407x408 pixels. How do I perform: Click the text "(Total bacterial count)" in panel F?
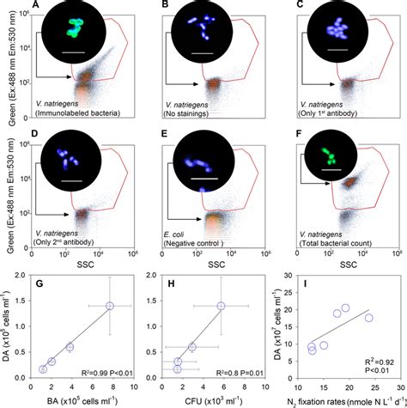click(335, 244)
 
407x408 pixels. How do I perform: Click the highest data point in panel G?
click(110, 306)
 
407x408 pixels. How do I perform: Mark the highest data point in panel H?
click(221, 306)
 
